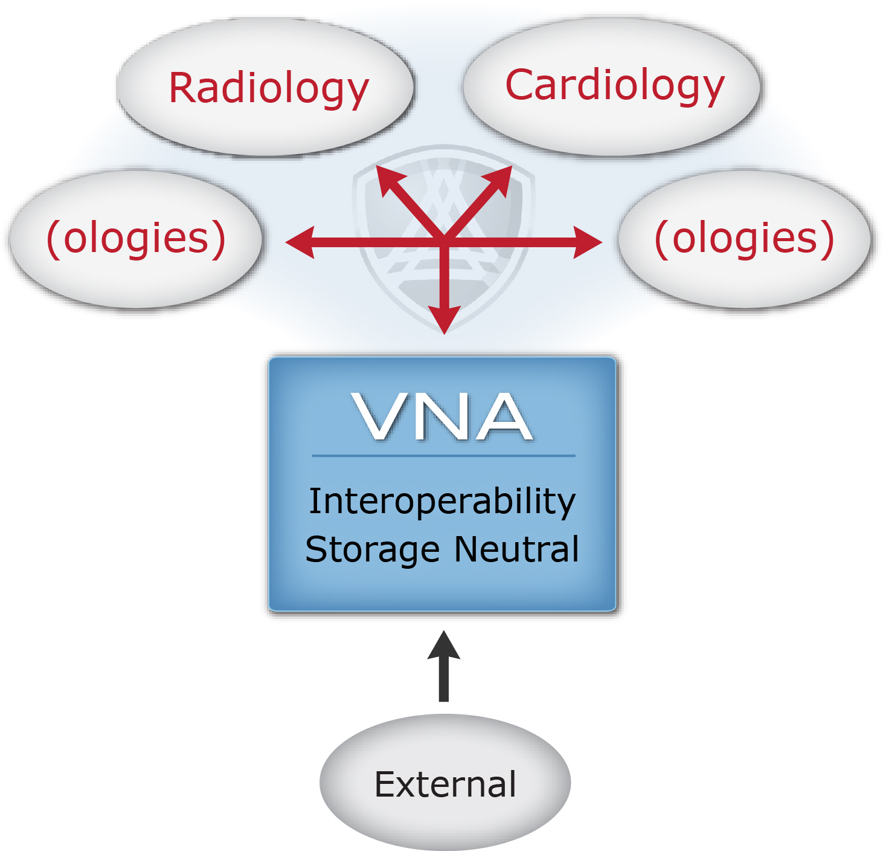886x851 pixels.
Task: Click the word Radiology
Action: pos(268,88)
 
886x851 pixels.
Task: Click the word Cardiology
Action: pos(614,85)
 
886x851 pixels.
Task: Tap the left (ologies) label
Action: pos(136,238)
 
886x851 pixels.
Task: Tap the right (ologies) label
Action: pos(744,238)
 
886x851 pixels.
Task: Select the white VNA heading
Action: pos(443,416)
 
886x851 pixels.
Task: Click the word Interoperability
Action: pos(442,502)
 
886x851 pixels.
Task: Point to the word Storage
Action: pos(372,550)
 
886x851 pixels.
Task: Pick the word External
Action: pos(445,784)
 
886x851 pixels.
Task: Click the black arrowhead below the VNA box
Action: pos(444,646)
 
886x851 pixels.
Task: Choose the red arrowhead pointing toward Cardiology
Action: pos(501,178)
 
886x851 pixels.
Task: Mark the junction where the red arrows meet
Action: pos(444,241)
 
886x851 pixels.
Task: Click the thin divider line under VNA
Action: pos(443,455)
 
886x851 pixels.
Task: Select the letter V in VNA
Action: pos(377,416)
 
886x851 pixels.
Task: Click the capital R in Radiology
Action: pos(182,88)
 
